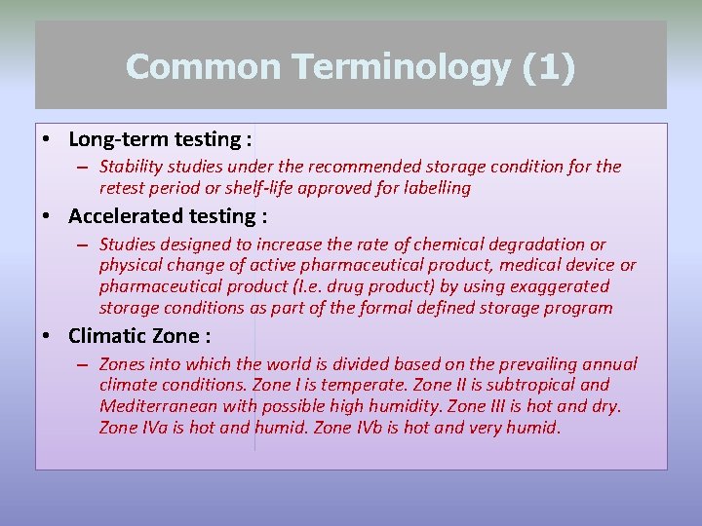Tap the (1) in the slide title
point(549,67)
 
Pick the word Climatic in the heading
point(109,337)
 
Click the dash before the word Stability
point(84,168)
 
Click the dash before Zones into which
point(84,365)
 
